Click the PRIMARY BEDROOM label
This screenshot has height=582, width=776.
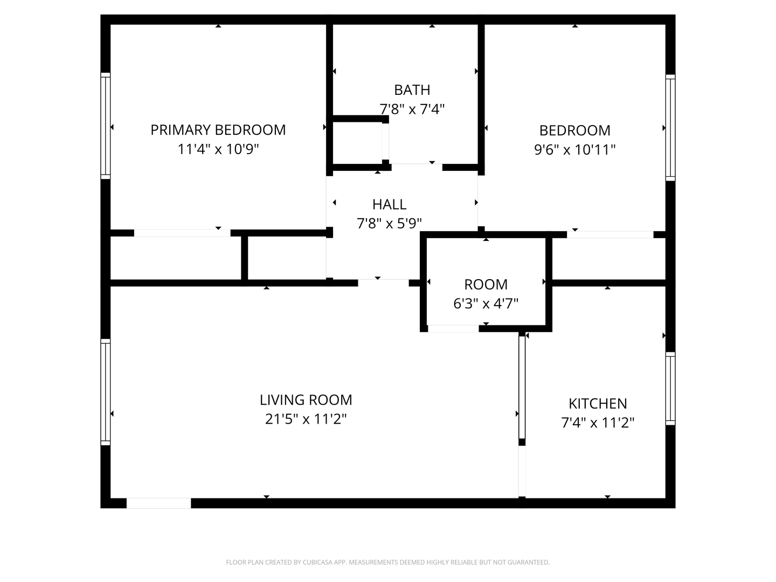[x=218, y=130]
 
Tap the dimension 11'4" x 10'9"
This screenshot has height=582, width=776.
[x=218, y=149]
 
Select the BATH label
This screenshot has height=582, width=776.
[x=412, y=90]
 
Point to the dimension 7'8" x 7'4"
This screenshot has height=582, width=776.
[x=412, y=109]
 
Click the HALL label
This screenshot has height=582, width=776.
[x=389, y=205]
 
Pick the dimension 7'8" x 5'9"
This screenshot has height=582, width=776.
[x=389, y=224]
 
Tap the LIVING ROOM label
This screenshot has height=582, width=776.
[x=306, y=400]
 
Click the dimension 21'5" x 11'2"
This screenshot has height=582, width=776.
[x=306, y=419]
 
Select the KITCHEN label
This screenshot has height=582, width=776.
[x=598, y=404]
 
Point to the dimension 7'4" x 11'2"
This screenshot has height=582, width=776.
[x=598, y=423]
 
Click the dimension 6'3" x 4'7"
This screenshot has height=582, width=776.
[x=486, y=304]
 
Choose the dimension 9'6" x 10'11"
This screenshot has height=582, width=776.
[x=574, y=150]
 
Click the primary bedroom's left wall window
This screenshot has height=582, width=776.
[x=106, y=126]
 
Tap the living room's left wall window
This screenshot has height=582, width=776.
[x=106, y=392]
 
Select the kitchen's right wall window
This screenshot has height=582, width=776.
[x=670, y=388]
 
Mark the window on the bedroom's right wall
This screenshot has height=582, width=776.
[x=670, y=127]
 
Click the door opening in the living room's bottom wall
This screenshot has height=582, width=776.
[x=158, y=503]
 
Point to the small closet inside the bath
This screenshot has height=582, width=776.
[x=357, y=142]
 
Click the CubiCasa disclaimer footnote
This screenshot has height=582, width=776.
[x=387, y=563]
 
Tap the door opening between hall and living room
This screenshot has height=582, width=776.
[x=383, y=282]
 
